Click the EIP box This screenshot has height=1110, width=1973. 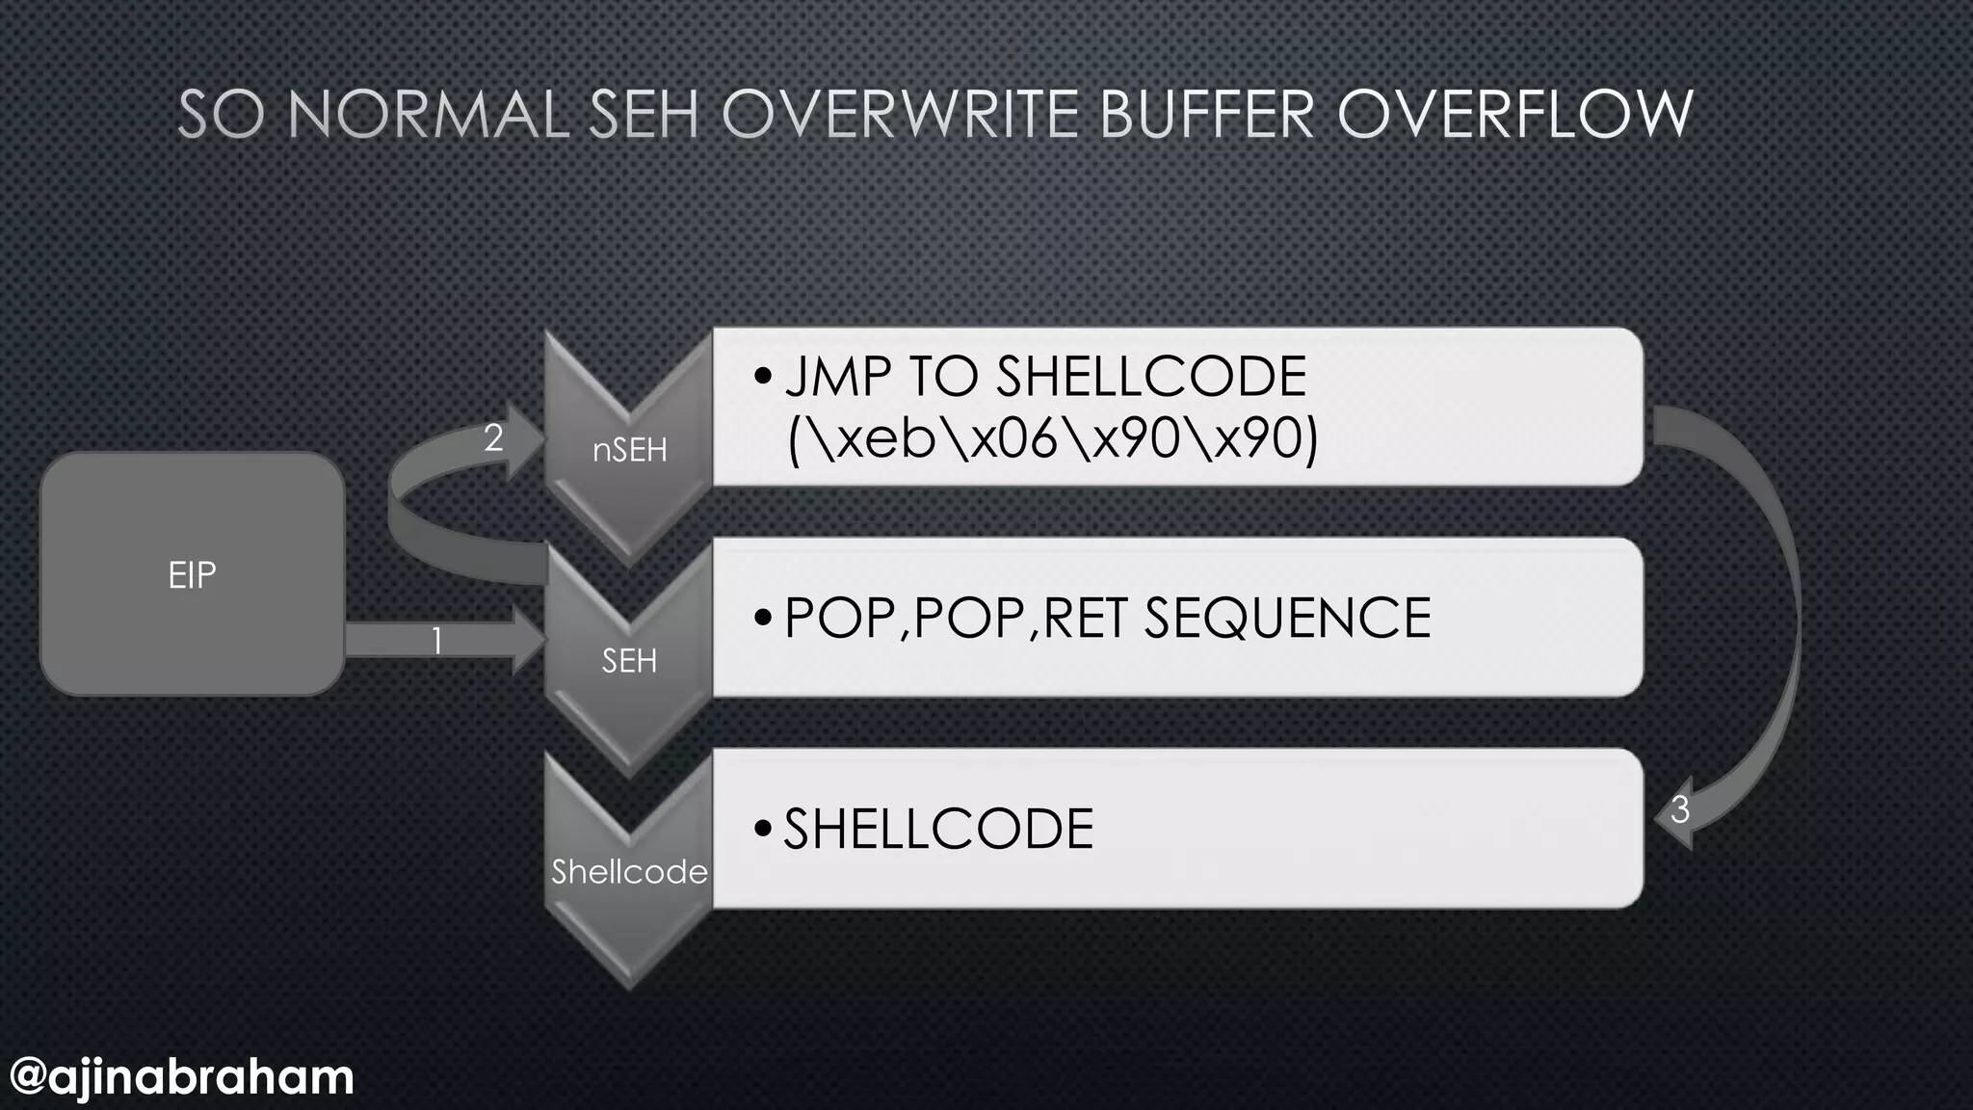point(192,574)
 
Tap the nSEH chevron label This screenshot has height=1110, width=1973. point(629,450)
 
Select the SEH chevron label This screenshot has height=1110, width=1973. point(629,661)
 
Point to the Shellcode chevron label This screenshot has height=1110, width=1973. point(629,872)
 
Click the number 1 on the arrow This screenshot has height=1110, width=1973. point(436,641)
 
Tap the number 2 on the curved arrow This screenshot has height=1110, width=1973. point(493,438)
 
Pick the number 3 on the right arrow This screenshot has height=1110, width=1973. point(1680,809)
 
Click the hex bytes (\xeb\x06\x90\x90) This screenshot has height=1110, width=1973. point(1052,438)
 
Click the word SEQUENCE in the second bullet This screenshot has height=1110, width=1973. point(1287,618)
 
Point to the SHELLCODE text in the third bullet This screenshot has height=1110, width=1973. point(938,829)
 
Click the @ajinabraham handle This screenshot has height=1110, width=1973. point(182,1076)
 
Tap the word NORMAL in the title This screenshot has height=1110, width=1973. point(428,115)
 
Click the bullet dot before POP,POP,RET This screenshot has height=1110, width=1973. point(763,618)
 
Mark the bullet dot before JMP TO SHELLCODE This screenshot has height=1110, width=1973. point(763,376)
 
